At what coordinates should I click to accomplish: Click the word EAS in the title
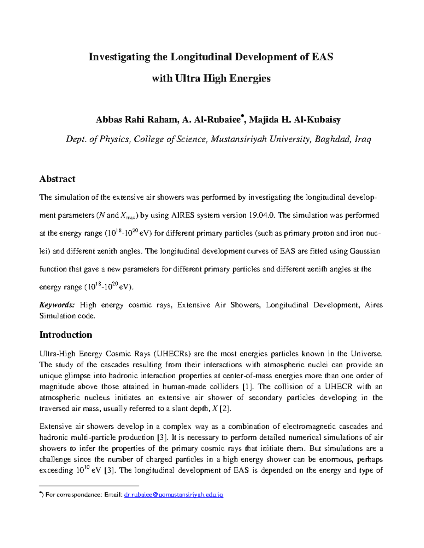tap(322, 57)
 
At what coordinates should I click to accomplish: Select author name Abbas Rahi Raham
tap(136, 120)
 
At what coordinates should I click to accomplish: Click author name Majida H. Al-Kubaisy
tap(295, 120)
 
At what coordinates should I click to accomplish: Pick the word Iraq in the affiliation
tap(363, 139)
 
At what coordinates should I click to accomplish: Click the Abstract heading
tap(57, 179)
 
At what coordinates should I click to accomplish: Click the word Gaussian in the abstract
tap(365, 251)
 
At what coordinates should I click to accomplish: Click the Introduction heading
tap(66, 335)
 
